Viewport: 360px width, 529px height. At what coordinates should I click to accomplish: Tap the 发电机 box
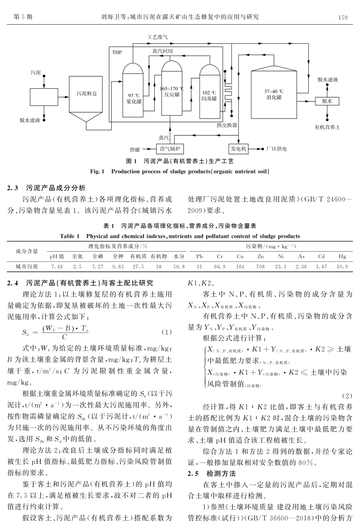tap(239, 149)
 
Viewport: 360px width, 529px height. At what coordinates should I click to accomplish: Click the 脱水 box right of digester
tap(327, 101)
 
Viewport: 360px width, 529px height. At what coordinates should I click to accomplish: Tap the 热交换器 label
tap(227, 125)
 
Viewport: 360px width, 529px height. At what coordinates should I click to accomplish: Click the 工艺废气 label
tap(157, 37)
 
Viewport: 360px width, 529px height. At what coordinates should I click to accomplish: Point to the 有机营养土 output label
tap(327, 127)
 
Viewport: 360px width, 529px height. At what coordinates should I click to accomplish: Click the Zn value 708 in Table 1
tap(260, 267)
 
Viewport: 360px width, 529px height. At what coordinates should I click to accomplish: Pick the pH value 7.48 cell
tap(57, 267)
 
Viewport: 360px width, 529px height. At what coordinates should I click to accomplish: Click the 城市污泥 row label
tap(27, 267)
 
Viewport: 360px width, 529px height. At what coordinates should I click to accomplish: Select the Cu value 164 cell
tap(240, 267)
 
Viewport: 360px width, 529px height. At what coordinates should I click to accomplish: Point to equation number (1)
tap(167, 332)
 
